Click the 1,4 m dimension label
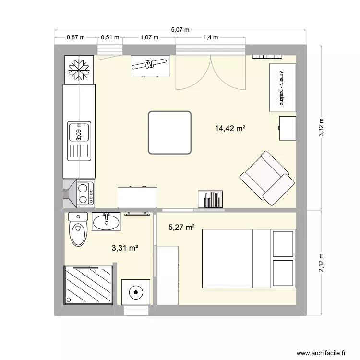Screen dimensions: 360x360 [211, 37]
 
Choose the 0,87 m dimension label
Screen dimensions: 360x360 [76, 37]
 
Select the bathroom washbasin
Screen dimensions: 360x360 [107, 221]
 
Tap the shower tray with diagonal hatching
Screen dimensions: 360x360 [89, 285]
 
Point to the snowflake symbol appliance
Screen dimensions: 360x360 [78, 70]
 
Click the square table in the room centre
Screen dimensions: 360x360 [170, 132]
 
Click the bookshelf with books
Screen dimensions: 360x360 [211, 199]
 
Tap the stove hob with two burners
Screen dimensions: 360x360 [84, 192]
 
